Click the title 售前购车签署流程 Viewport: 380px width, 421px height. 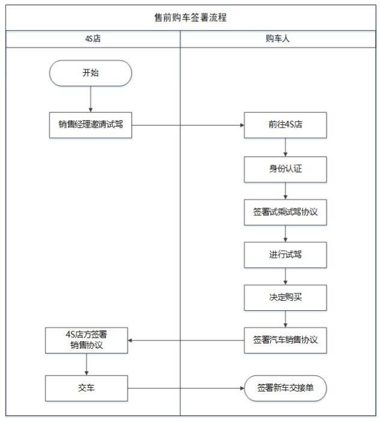tap(190, 17)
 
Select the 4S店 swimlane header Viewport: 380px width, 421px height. tap(93, 39)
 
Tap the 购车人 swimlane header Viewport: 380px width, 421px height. tap(278, 39)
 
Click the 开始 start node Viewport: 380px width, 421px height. tap(91, 73)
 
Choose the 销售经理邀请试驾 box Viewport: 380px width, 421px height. tap(91, 125)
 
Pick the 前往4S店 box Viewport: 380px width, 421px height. tap(285, 125)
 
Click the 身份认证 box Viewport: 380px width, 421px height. tap(285, 170)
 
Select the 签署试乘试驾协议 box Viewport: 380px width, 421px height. tap(285, 212)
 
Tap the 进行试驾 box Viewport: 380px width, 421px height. tap(285, 255)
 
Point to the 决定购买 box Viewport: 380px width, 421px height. tap(285, 298)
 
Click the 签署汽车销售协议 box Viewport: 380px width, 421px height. tap(285, 340)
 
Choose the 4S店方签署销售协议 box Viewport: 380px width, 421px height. tap(87, 340)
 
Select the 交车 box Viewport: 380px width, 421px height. tap(87, 389)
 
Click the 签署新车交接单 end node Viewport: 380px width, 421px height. tap(285, 389)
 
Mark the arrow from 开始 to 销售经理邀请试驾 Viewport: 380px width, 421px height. tap(91, 99)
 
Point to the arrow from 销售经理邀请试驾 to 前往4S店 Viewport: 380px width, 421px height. tap(188, 125)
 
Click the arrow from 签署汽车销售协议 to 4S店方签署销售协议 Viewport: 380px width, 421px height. tap(186, 340)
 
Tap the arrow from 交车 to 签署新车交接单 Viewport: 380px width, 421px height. tap(186, 389)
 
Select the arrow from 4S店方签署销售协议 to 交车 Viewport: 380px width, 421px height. tap(87, 364)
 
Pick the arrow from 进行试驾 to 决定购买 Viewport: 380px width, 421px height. tap(285, 276)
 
